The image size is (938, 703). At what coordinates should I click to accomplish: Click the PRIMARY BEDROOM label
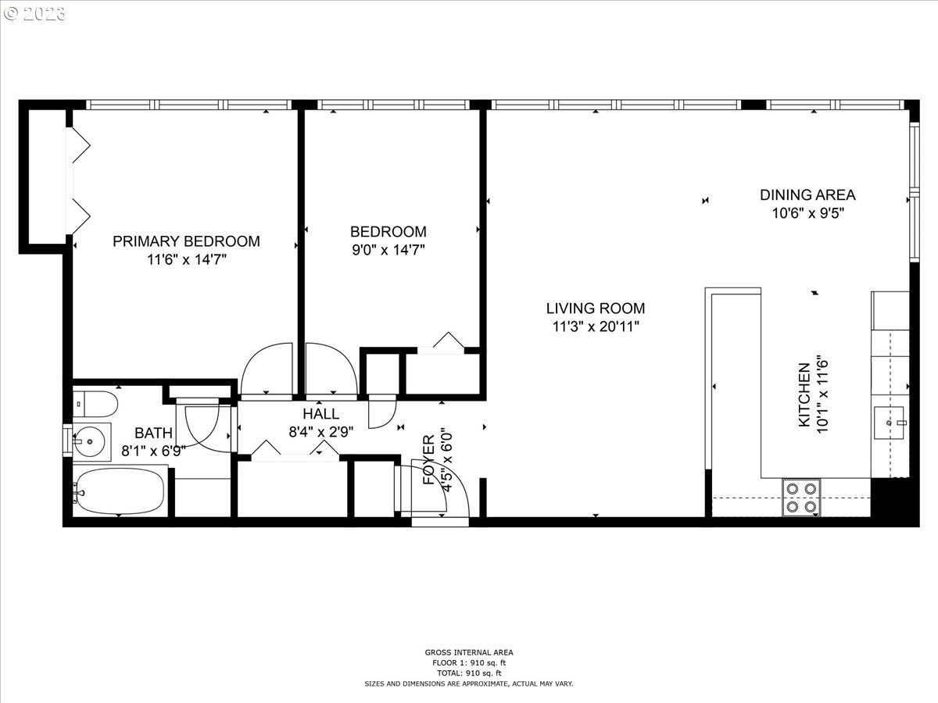click(186, 241)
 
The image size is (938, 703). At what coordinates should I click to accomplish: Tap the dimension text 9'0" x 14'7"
click(388, 250)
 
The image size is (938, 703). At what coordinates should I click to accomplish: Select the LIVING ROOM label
click(596, 309)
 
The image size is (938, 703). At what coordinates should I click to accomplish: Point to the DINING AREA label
click(807, 195)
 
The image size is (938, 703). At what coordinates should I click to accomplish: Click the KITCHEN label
click(804, 394)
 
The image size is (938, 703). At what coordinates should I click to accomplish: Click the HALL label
click(321, 414)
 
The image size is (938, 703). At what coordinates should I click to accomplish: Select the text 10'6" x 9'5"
click(807, 212)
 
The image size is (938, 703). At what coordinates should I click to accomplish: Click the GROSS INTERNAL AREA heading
click(469, 652)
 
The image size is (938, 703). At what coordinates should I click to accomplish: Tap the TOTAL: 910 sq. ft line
click(469, 673)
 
